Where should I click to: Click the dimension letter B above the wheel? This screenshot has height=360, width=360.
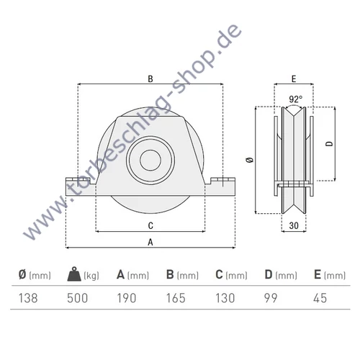point(150,78)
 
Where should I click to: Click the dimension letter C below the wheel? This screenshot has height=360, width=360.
point(150,225)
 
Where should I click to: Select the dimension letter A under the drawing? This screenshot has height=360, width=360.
point(150,242)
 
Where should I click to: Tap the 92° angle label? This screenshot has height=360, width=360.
point(295,99)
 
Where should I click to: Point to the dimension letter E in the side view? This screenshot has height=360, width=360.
point(294,79)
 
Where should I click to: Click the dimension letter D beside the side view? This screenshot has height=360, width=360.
point(328,144)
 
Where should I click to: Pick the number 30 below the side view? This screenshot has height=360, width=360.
point(294,225)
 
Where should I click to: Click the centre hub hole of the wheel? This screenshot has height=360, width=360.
point(150,160)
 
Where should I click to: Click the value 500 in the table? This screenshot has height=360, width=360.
point(76,297)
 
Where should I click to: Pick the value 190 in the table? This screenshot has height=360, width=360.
point(126,297)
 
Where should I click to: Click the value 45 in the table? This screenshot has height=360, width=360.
point(318,297)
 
